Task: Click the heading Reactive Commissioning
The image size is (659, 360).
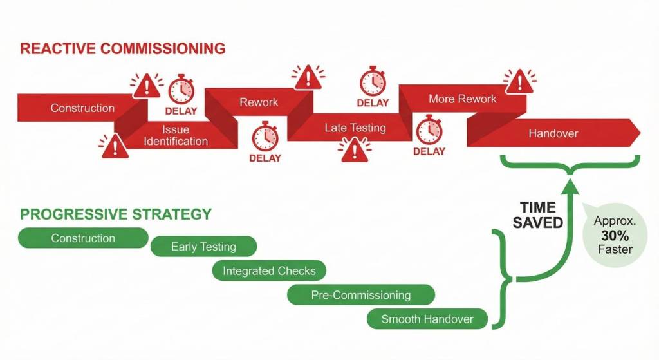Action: tap(123, 48)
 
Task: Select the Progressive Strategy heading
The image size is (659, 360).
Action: tap(116, 213)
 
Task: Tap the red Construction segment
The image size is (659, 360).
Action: tap(82, 108)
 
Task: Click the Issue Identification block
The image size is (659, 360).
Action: tap(176, 136)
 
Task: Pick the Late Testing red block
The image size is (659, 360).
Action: tap(355, 128)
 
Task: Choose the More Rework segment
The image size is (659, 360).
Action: tap(462, 99)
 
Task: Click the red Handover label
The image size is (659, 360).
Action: tap(553, 133)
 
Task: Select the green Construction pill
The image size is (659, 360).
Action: tap(83, 238)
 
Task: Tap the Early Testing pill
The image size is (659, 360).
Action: tap(203, 247)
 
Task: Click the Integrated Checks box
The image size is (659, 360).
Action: tap(269, 271)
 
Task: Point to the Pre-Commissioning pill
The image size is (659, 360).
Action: tap(360, 295)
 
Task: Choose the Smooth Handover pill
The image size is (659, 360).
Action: tap(427, 319)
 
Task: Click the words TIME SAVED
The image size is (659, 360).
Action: tap(537, 215)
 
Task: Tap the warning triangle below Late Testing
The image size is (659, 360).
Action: tap(352, 150)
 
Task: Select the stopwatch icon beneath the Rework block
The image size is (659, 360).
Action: tap(265, 137)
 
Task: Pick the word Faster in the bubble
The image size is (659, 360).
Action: tap(615, 249)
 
